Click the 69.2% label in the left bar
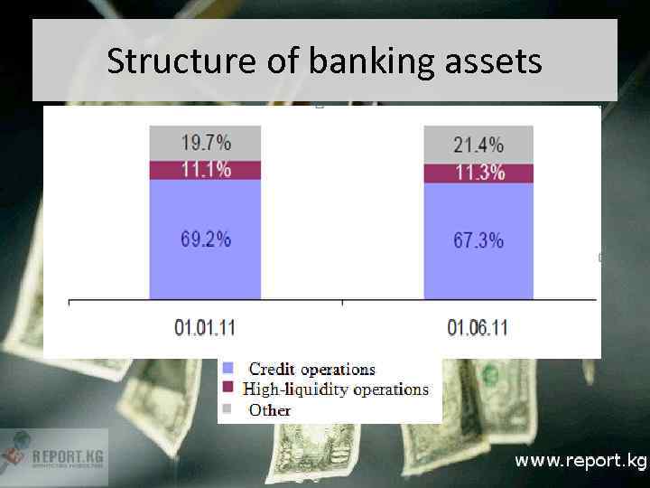pos(206,239)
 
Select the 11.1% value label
pos(206,169)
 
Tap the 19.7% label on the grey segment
pos(206,142)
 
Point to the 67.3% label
pos(478,240)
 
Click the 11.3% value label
pos(478,173)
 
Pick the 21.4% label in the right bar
pos(478,145)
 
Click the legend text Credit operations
pos(311,369)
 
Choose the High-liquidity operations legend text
pos(336,389)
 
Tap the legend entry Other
pos(270,410)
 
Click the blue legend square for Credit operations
pos(228,369)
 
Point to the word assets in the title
pos(493,61)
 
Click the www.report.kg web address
pos(580,461)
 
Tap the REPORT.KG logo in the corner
pos(53,456)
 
